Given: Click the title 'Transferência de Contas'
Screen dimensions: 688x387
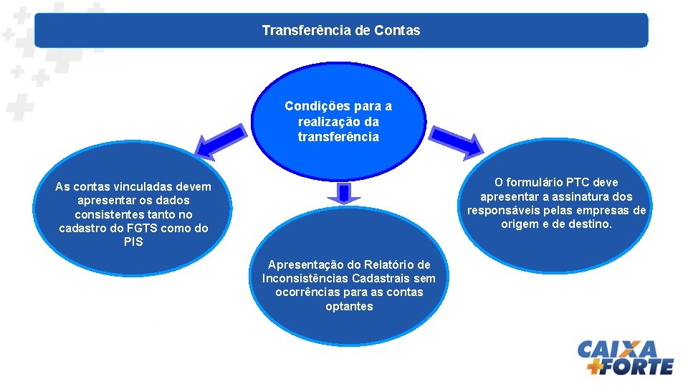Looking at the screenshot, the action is coord(341,31).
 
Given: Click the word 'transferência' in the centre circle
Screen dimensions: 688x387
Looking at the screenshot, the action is coord(338,136).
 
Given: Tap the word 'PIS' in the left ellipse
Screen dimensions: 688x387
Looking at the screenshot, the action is coord(133,242).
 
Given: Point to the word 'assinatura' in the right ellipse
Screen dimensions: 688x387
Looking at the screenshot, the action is coord(586,196).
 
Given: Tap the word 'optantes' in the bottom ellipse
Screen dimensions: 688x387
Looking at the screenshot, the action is coord(349,306).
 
